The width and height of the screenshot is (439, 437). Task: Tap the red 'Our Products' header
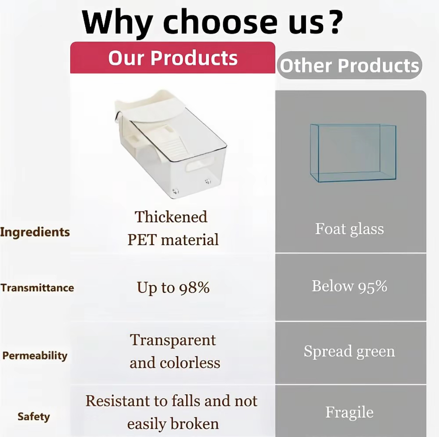click(x=173, y=58)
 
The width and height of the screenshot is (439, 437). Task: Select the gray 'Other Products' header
click(x=349, y=65)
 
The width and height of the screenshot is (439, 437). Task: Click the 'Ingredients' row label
click(x=35, y=232)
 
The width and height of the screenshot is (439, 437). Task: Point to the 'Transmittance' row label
click(x=37, y=288)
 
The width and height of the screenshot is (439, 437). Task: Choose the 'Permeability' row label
click(x=35, y=356)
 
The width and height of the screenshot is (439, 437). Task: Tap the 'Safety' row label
click(x=34, y=417)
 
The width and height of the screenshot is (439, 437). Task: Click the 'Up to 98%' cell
click(x=173, y=288)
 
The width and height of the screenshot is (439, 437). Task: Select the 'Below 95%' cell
click(x=350, y=286)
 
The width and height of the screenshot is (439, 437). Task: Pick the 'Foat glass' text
click(x=349, y=229)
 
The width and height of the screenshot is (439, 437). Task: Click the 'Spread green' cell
click(x=349, y=351)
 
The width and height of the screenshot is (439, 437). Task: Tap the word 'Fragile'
click(x=349, y=412)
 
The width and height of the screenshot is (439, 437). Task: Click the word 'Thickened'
click(x=171, y=217)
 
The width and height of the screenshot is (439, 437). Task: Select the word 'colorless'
click(x=190, y=363)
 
